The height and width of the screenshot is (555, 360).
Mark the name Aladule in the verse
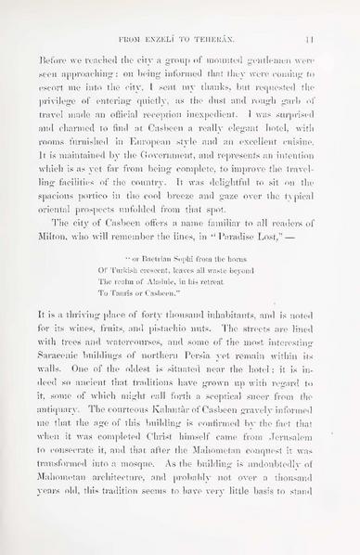[177, 303]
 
